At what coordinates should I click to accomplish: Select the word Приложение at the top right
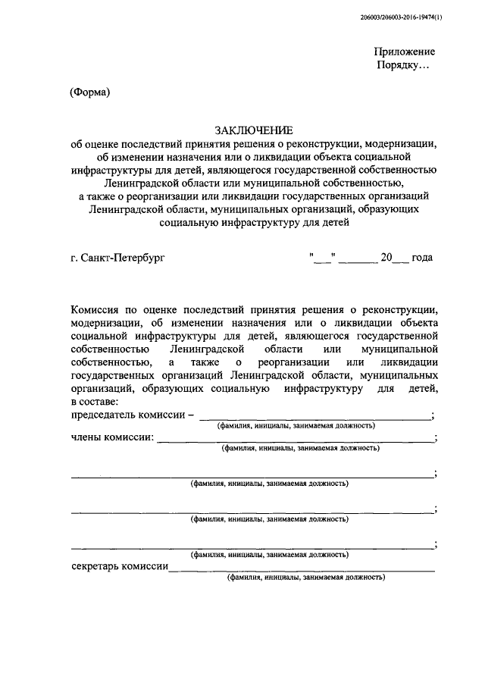point(404,52)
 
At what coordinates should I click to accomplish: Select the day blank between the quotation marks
point(322,258)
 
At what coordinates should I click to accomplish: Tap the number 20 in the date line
point(386,258)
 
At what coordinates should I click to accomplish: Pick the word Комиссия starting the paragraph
point(97,309)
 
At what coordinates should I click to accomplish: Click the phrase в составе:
point(94,400)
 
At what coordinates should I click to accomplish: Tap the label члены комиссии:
point(112,437)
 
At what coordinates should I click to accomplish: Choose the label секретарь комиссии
point(119,566)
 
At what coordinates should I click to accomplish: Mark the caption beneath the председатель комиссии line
point(296,426)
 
